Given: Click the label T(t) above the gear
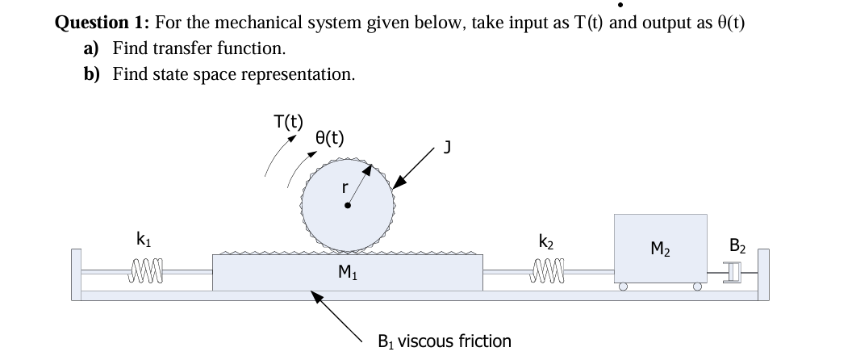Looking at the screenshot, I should tap(288, 123).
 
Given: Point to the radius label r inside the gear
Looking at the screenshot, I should tap(345, 186).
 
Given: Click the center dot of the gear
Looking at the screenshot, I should tap(348, 206).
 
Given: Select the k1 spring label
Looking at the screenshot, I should tap(142, 239).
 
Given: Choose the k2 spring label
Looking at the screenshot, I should tap(545, 240).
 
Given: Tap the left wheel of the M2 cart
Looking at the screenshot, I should tap(624, 286).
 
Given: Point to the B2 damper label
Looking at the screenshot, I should tap(738, 247).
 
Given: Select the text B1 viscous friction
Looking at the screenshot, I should tap(445, 341).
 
